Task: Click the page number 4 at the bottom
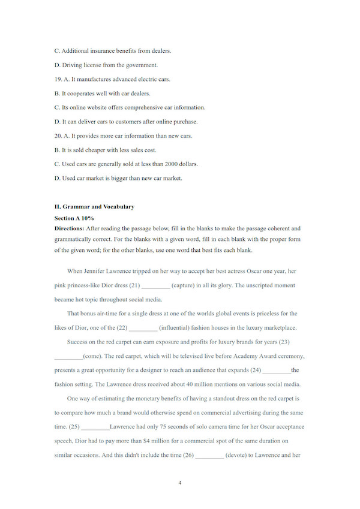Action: pyautogui.click(x=180, y=482)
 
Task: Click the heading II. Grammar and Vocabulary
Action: pyautogui.click(x=94, y=207)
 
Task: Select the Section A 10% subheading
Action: pyautogui.click(x=74, y=218)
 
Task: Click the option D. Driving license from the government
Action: pyautogui.click(x=106, y=65)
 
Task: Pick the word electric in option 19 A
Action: pyautogui.click(x=147, y=79)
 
